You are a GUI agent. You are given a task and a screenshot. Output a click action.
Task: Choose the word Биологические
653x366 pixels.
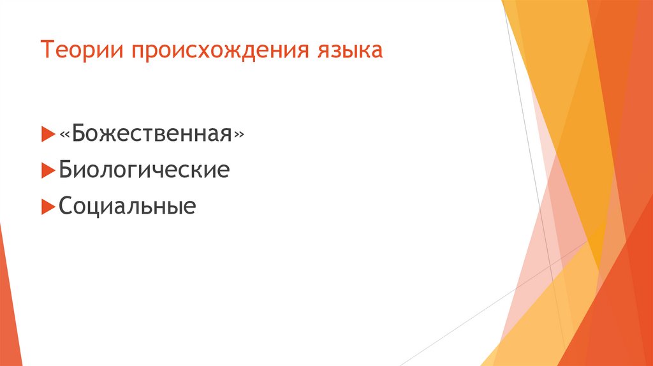click(144, 171)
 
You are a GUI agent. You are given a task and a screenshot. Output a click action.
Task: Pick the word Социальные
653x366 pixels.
click(127, 207)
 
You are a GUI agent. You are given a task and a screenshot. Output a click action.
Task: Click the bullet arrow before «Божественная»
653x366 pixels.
click(47, 135)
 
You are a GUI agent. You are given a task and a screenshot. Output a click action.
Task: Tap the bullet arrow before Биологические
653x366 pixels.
click(47, 170)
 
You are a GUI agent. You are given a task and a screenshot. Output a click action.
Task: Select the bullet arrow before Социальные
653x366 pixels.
click(47, 207)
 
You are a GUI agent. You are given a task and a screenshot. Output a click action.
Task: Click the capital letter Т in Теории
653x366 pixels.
click(47, 50)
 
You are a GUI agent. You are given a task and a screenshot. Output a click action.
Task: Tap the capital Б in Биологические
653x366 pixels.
click(66, 170)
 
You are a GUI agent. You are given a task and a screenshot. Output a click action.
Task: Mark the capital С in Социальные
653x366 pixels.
click(66, 207)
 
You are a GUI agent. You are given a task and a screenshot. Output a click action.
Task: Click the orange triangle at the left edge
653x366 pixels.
click(9, 300)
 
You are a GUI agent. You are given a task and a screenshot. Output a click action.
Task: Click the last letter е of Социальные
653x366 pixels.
click(189, 209)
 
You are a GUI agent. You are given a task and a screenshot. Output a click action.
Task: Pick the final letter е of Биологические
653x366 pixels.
click(223, 172)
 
